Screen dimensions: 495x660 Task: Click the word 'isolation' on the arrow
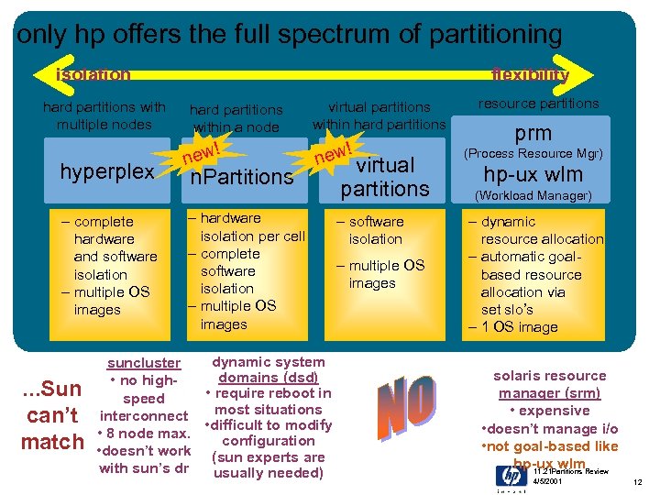point(93,74)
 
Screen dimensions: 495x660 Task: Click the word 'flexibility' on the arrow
point(530,74)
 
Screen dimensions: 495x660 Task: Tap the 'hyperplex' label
point(106,171)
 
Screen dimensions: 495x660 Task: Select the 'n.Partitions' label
point(241,176)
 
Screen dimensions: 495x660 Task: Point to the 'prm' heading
point(532,132)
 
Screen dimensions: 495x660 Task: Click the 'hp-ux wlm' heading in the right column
point(532,175)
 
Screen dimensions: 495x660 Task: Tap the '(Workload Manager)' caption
point(533,195)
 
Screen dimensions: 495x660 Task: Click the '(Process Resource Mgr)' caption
point(532,153)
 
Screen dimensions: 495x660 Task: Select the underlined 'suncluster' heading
point(144,363)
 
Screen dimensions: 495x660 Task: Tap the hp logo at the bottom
point(511,476)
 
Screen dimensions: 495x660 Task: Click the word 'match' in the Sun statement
point(52,443)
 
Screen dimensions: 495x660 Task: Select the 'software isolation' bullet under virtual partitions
point(375,230)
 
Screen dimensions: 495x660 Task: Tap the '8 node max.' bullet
point(148,433)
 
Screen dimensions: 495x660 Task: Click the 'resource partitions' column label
point(538,104)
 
